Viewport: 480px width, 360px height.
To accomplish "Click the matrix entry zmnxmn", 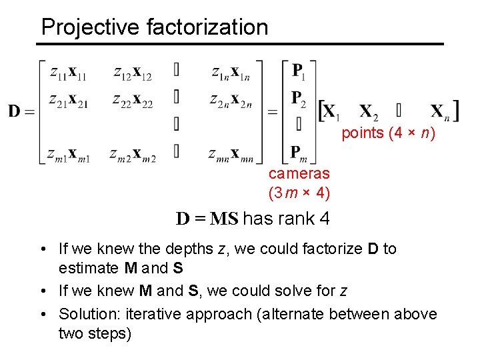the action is click(229, 155).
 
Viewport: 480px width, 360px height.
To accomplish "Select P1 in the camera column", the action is click(298, 70).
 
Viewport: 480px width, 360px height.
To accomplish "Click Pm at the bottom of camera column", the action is click(299, 153).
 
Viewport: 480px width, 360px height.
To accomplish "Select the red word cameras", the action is click(299, 174).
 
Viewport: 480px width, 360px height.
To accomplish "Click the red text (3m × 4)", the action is click(299, 193).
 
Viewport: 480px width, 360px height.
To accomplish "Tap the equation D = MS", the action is click(207, 219).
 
